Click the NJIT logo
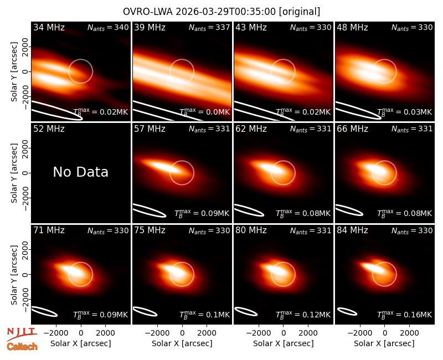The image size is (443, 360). coord(22,334)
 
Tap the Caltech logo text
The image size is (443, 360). coord(22,347)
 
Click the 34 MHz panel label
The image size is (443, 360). coord(49,27)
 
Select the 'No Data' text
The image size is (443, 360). coord(80,172)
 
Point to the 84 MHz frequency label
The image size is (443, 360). coord(352,230)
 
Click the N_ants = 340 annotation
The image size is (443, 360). coord(108,27)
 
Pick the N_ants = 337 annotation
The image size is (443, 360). coord(209,27)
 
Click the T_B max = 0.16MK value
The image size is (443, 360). coord(405,314)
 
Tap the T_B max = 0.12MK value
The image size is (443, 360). coord(303,314)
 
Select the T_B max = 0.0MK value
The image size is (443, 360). coord(205,112)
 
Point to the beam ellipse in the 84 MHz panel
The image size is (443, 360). coord(348,311)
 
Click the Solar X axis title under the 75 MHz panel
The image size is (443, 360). coord(182,343)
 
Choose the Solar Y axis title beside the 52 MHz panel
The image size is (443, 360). coord(14,173)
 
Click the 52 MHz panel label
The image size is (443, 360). coord(49,129)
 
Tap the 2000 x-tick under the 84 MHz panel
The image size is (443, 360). coord(409,333)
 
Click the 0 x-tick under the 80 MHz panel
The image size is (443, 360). coord(284,333)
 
